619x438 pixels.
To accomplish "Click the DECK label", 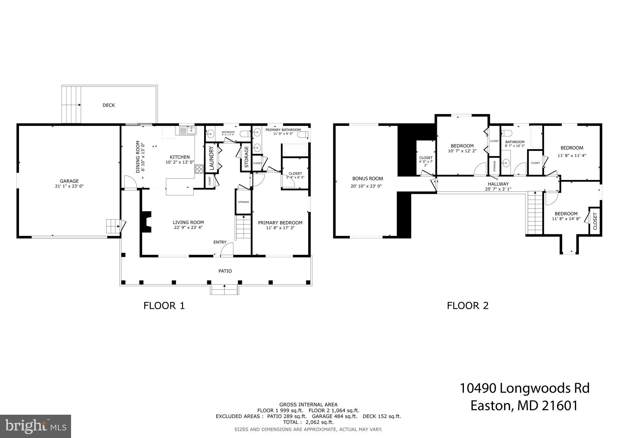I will [109, 105].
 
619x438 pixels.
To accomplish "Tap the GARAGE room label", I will [69, 181].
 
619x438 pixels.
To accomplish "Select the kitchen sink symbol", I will [187, 131].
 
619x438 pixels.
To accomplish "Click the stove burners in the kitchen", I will [199, 169].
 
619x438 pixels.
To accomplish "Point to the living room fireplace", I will [146, 222].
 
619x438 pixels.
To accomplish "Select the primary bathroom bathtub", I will [295, 150].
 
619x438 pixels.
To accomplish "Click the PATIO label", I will [225, 271].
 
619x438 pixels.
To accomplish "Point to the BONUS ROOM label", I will [367, 178].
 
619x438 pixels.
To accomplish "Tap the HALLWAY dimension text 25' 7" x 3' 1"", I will [498, 189].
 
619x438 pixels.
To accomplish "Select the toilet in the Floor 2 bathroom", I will [507, 133].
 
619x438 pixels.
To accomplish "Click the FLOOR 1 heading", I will [164, 306].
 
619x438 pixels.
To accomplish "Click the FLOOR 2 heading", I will [468, 306].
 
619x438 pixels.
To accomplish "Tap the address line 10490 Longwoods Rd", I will [525, 388].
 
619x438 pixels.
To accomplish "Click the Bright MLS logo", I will [35, 426].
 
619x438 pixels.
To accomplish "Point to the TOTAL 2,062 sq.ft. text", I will [308, 422].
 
